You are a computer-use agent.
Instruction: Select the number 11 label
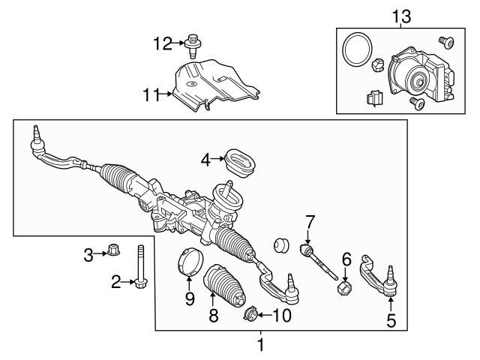click(152, 95)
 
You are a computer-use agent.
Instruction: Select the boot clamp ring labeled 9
click(190, 265)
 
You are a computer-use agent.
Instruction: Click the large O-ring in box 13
click(355, 51)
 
